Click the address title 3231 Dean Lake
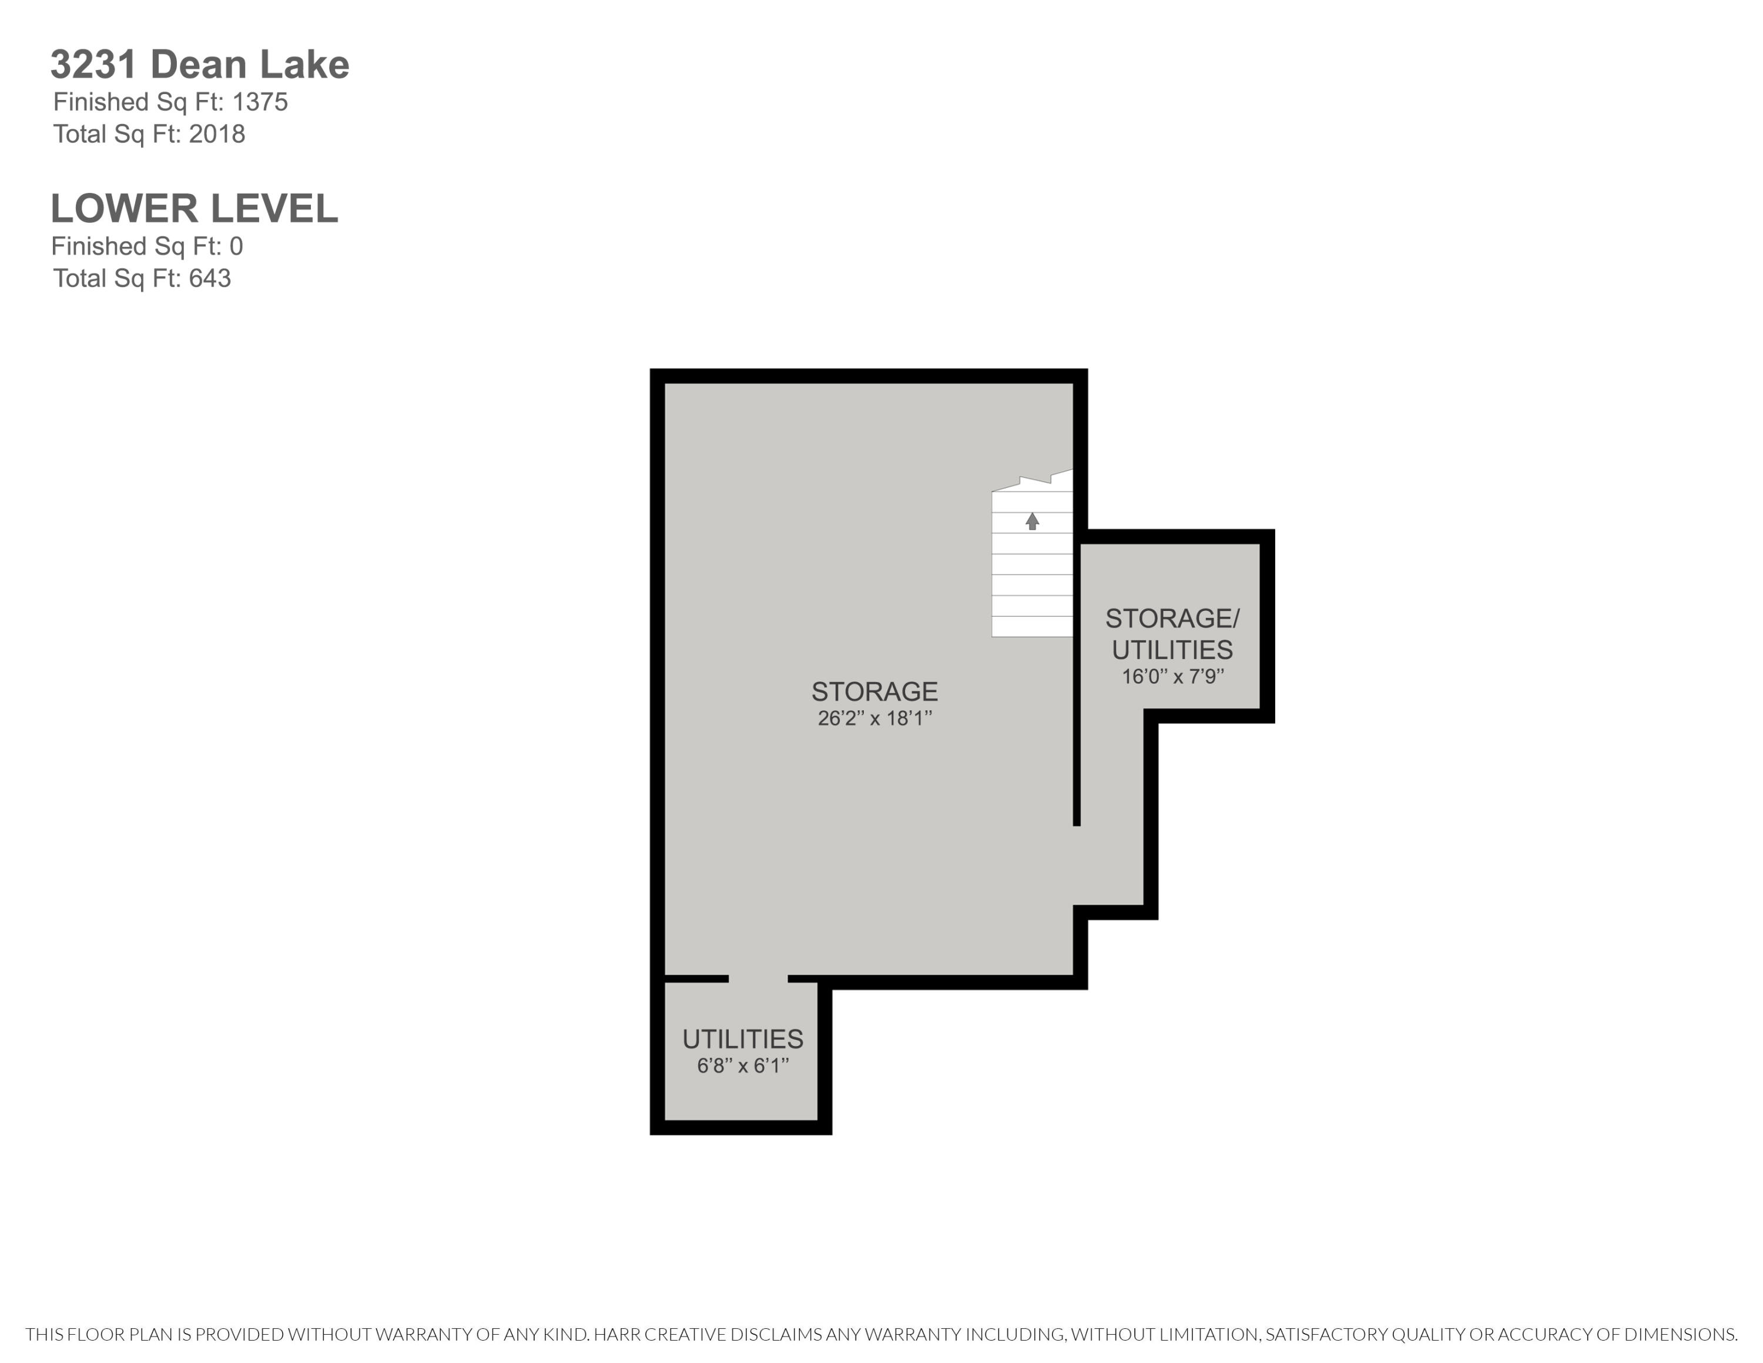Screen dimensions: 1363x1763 click(199, 65)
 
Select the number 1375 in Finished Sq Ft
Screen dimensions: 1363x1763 click(260, 102)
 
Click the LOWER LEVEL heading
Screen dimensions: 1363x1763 click(194, 209)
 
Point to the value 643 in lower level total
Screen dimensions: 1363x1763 click(210, 279)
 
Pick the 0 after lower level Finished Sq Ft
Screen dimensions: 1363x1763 click(236, 246)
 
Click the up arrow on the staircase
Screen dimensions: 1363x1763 click(1031, 521)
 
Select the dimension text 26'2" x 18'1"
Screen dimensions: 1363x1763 click(874, 719)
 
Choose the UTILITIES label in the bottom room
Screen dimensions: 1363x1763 click(743, 1039)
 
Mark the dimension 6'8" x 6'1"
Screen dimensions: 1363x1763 click(743, 1066)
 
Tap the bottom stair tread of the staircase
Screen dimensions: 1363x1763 click(1031, 627)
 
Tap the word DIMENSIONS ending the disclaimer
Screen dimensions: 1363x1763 click(1679, 1335)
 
